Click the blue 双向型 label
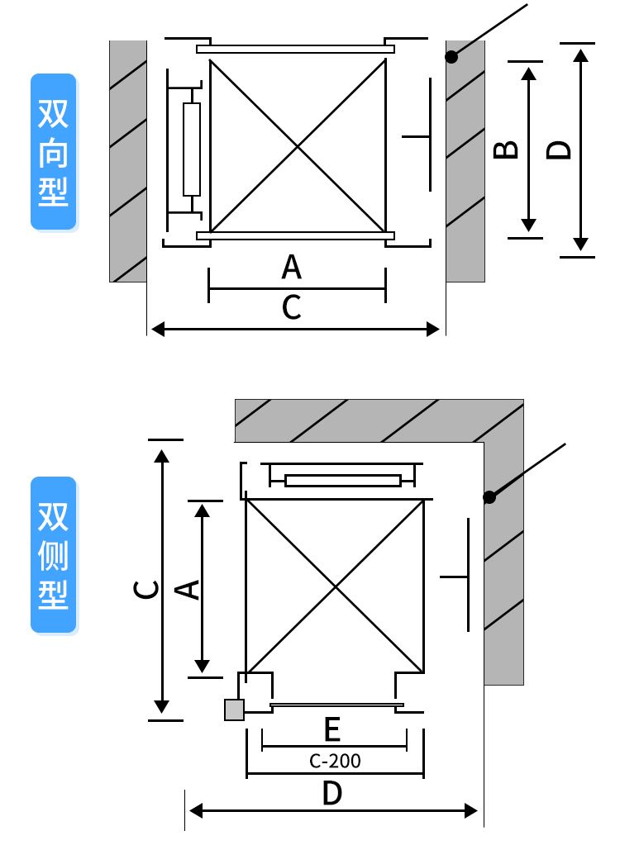[x=54, y=153]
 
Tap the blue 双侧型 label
[x=54, y=555]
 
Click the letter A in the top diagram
[x=291, y=268]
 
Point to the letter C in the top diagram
[x=291, y=307]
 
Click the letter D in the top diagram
[x=560, y=150]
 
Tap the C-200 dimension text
[x=335, y=761]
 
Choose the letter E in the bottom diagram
[x=332, y=729]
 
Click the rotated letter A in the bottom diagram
[x=189, y=588]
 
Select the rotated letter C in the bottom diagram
[x=146, y=588]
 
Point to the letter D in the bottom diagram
[x=331, y=794]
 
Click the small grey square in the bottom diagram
[x=234, y=710]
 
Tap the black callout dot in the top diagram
[x=451, y=57]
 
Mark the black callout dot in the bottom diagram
[x=489, y=497]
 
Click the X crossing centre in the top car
[x=298, y=147]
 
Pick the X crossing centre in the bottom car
[x=335, y=586]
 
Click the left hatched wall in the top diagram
[x=128, y=161]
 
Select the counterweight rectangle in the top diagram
[x=192, y=150]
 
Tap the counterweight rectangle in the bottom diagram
[x=343, y=481]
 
